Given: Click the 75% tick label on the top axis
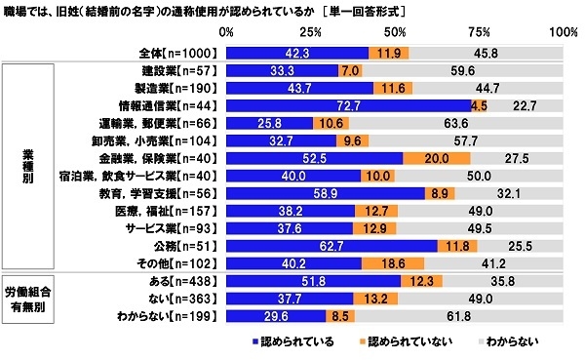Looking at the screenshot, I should tap(480, 32).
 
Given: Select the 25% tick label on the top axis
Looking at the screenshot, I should tap(311, 32).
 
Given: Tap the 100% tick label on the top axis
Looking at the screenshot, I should tap(562, 32).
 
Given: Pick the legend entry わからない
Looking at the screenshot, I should tap(507, 342).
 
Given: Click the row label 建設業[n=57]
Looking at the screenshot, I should tap(182, 71).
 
